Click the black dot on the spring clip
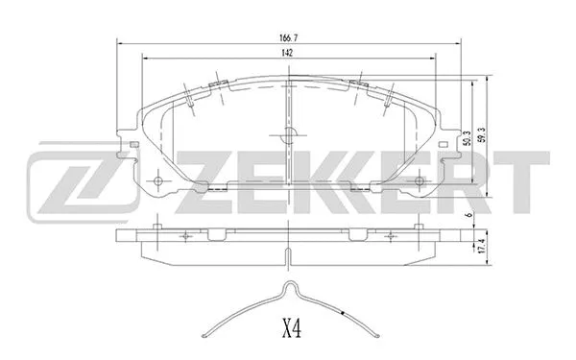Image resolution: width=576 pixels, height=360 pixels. (344, 312)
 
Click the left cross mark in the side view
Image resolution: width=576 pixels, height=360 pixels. (183, 232)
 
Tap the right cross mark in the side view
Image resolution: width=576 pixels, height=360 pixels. (391, 232)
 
